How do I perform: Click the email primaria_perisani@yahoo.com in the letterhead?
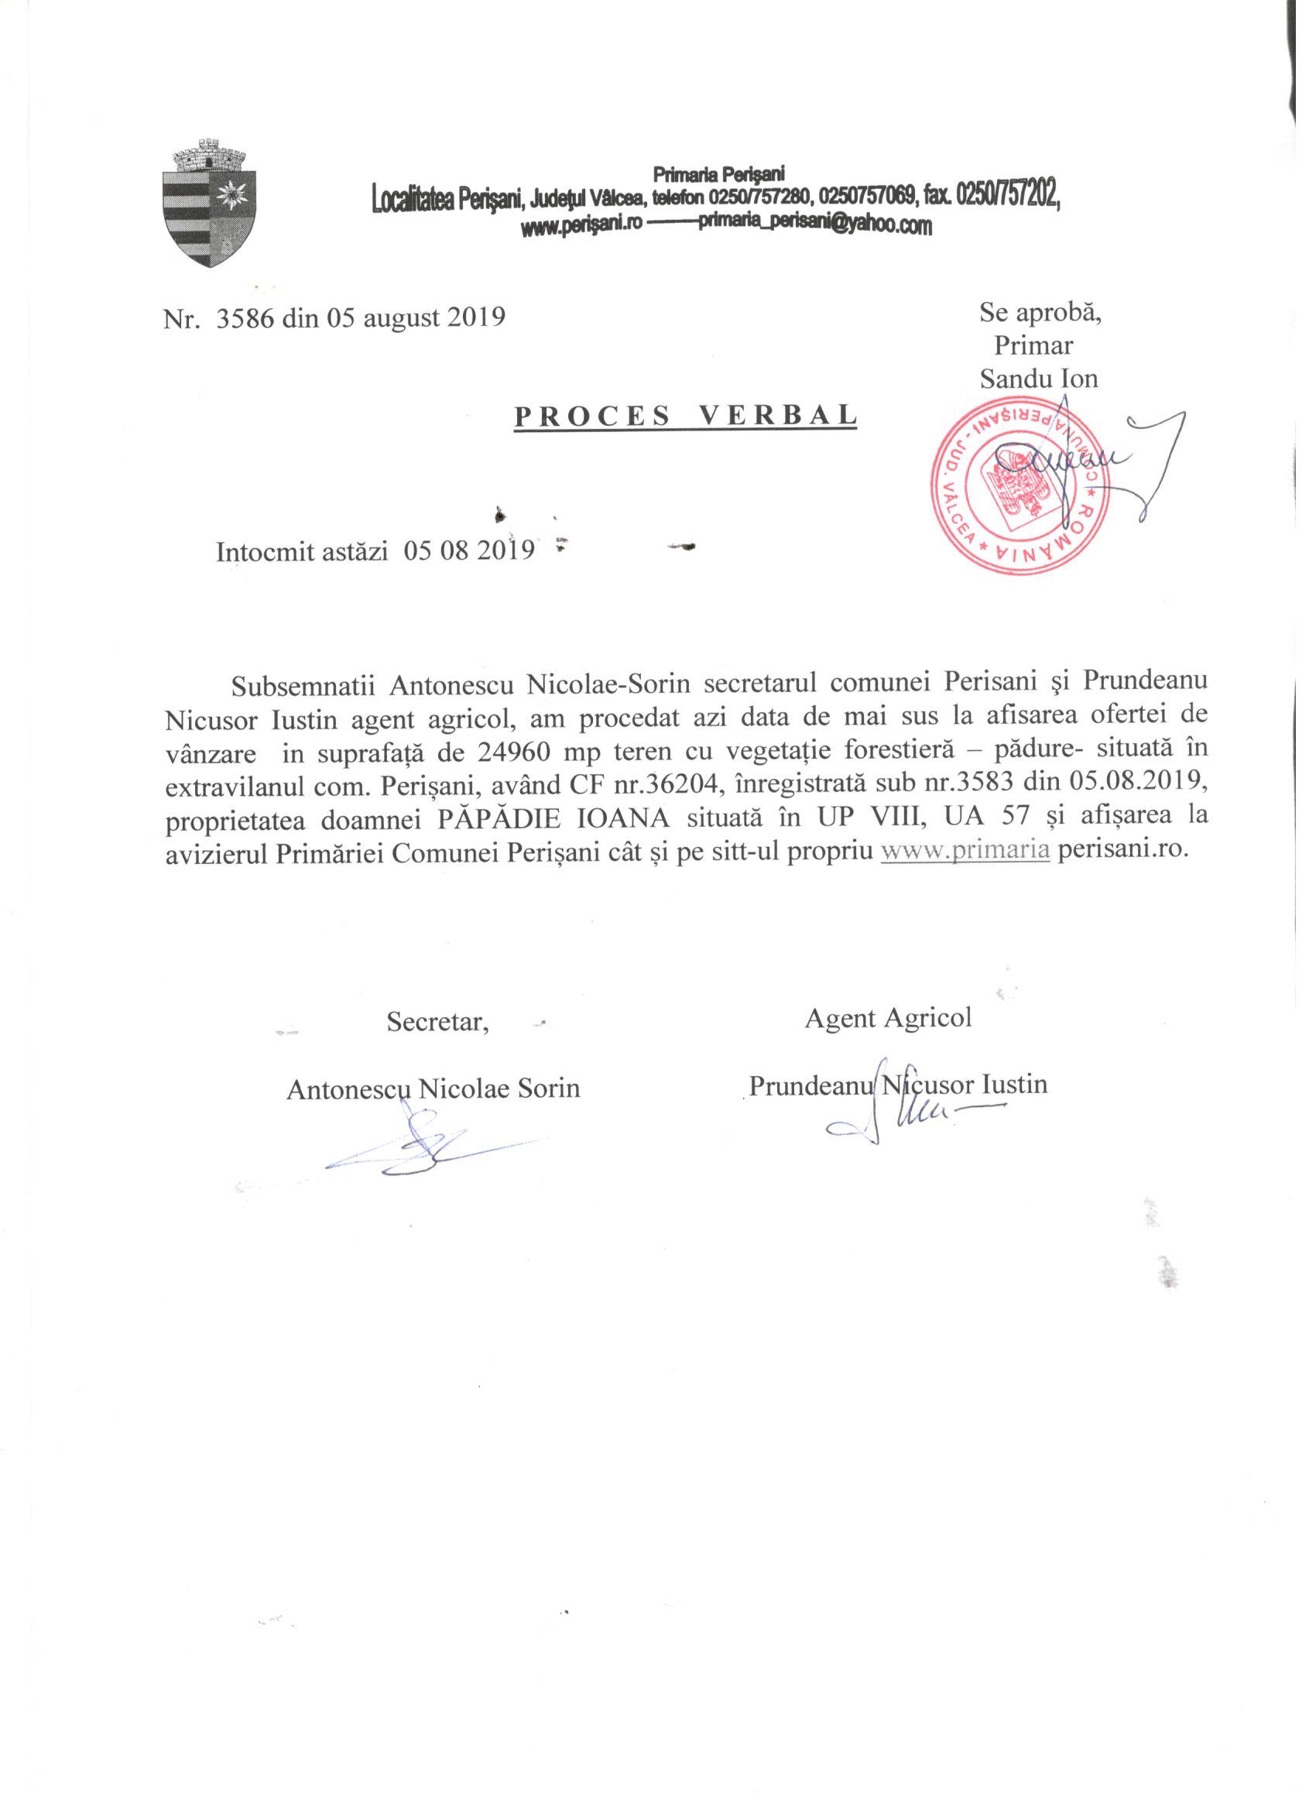[815, 228]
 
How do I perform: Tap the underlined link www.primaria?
[964, 851]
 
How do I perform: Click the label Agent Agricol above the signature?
[887, 1017]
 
